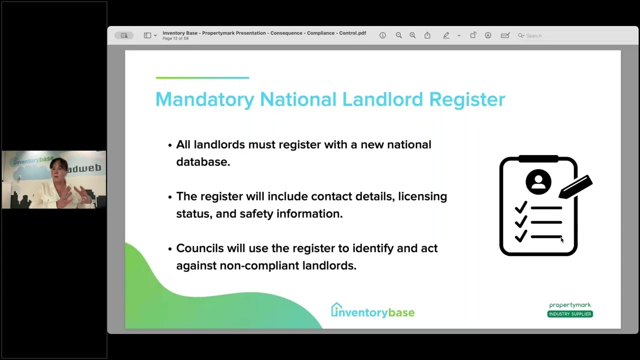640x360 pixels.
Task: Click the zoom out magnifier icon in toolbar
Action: [x=398, y=35]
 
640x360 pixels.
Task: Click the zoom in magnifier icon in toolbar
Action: [x=412, y=35]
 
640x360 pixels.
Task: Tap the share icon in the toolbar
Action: [x=427, y=35]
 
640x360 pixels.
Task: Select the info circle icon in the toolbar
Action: [x=382, y=35]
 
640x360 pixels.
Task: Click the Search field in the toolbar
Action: [x=575, y=35]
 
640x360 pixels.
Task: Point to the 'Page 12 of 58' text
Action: [x=175, y=38]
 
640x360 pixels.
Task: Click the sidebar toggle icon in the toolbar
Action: [x=147, y=35]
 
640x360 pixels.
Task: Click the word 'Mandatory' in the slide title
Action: [x=204, y=99]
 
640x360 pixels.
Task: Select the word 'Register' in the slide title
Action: [x=466, y=99]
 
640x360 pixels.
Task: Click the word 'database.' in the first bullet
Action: [x=203, y=162]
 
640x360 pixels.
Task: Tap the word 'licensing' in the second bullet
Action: [x=422, y=196]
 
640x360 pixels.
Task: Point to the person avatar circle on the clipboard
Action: [x=538, y=181]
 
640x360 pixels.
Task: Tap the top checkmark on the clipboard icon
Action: [x=521, y=207]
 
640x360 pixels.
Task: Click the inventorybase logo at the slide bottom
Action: [x=372, y=311]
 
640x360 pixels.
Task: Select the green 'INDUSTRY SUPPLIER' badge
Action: [x=570, y=314]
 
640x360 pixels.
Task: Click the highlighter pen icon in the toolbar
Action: [x=446, y=35]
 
